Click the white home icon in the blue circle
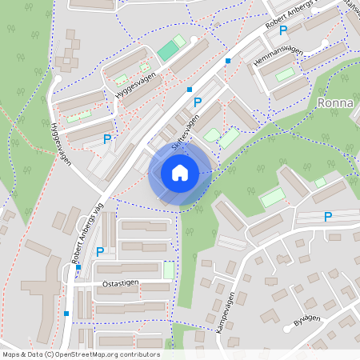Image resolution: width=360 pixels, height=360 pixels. click(x=180, y=172)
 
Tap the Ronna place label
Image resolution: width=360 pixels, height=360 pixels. click(x=336, y=103)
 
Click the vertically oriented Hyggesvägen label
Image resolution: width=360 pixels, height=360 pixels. click(x=60, y=143)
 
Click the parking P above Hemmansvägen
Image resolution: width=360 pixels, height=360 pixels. click(x=283, y=30)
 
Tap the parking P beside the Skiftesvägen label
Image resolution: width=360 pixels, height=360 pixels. click(x=198, y=102)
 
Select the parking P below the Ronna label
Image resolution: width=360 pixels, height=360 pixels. click(x=327, y=216)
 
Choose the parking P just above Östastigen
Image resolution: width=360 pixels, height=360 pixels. click(x=100, y=251)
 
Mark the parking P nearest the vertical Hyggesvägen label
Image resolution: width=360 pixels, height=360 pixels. click(x=107, y=138)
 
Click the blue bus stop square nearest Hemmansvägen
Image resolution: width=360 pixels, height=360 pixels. click(x=228, y=61)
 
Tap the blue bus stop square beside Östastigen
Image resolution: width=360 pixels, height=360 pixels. click(x=78, y=267)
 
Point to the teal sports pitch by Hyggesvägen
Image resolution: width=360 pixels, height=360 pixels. click(x=168, y=51)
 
